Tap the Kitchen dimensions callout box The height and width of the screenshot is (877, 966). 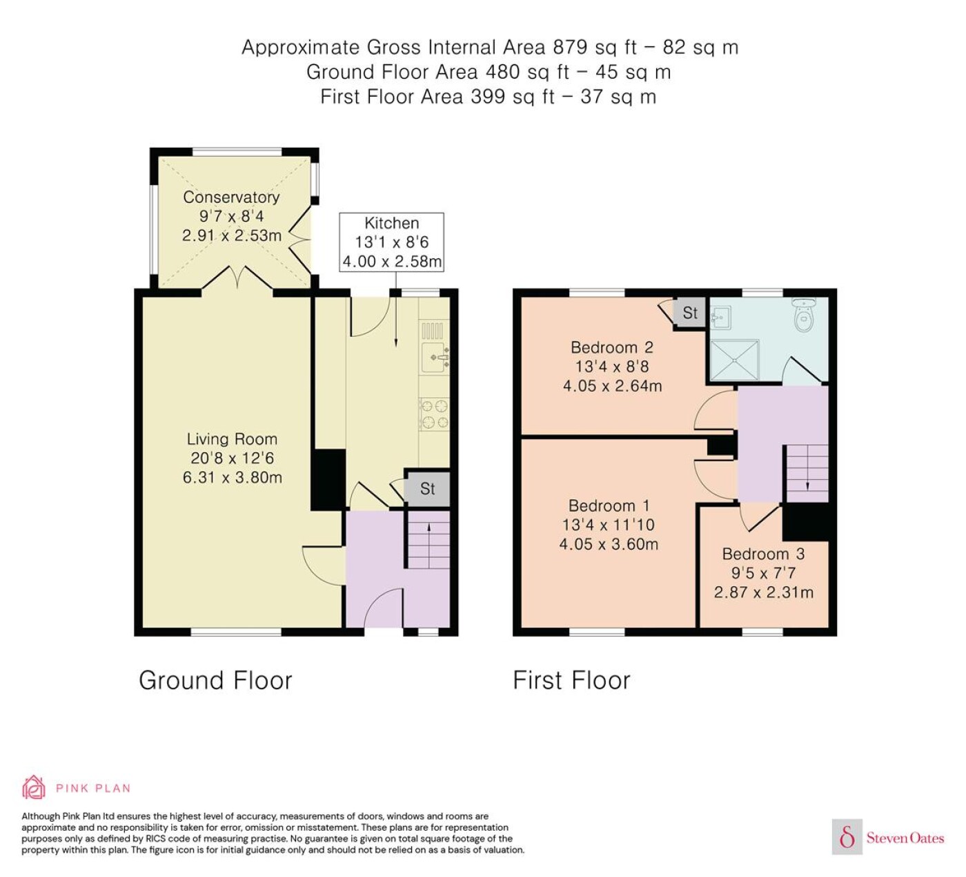(391, 242)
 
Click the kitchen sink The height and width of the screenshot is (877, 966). (435, 357)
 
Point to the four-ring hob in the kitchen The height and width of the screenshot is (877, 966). (435, 414)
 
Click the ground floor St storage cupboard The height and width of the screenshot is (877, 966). (428, 489)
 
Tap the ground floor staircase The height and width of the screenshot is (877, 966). (429, 539)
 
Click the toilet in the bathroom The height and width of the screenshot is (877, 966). (803, 315)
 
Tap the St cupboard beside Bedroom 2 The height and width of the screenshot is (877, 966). (690, 313)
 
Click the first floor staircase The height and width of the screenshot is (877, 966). (807, 473)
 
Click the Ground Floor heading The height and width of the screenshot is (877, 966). (215, 681)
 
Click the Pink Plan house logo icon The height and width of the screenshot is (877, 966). (34, 787)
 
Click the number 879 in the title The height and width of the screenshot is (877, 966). (570, 47)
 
